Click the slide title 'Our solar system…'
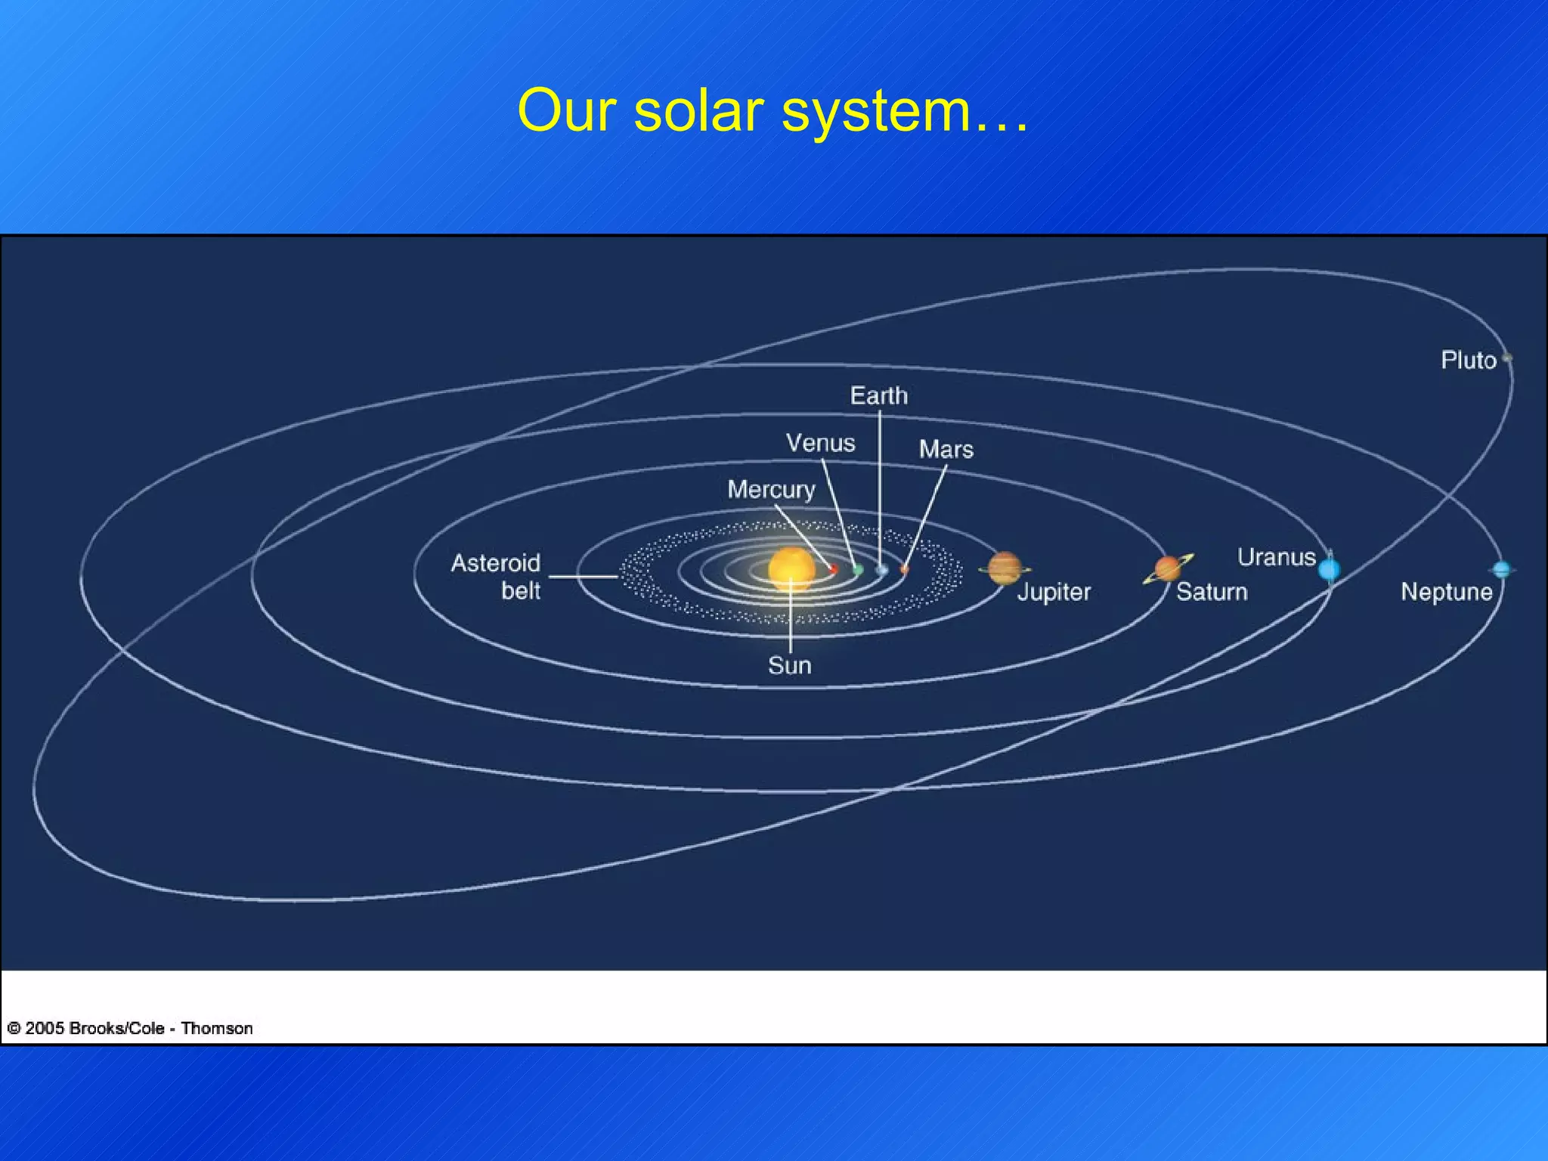tap(772, 111)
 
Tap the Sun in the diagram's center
tap(791, 568)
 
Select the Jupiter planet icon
tap(1004, 568)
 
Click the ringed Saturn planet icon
tap(1168, 568)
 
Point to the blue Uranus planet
tap(1329, 569)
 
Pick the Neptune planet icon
tap(1502, 569)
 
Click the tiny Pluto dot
tap(1507, 358)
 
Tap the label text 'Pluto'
tap(1468, 361)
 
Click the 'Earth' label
tap(878, 395)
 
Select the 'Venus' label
tap(820, 443)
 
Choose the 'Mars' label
tap(946, 450)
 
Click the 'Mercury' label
tap(771, 490)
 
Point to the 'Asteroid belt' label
tap(497, 577)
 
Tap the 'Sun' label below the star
tap(790, 666)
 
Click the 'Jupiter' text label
tap(1054, 592)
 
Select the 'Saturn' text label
tap(1212, 592)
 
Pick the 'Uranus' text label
tap(1276, 557)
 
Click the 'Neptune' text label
tap(1446, 592)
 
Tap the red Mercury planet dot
tap(834, 568)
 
